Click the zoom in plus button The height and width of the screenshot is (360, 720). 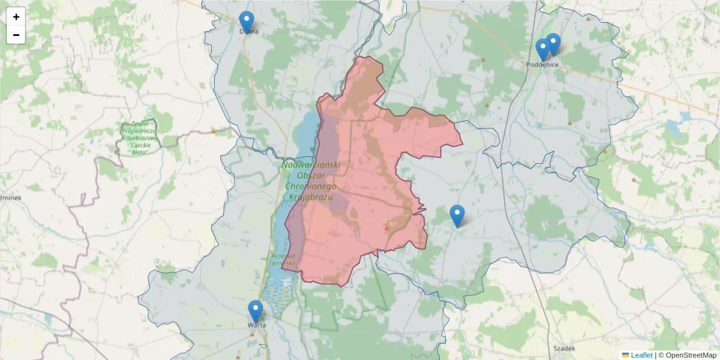pos(16,17)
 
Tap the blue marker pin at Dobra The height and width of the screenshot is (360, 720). pos(246,22)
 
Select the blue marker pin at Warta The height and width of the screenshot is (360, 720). pos(256,311)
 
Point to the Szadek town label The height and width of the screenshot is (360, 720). pos(565,348)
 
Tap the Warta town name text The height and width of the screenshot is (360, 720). pos(257,325)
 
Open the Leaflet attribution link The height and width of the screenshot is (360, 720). pos(641,355)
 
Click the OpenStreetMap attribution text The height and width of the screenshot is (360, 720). pos(691,355)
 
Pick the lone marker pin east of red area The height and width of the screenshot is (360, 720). pos(457,215)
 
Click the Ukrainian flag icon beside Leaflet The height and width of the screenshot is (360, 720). pos(625,355)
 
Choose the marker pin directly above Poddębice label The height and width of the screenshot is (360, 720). pos(542,49)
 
